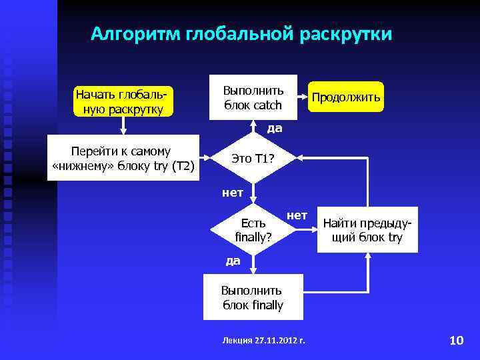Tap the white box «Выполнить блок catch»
(x=253, y=97)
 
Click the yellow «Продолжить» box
(x=345, y=98)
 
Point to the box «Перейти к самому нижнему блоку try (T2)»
(x=123, y=159)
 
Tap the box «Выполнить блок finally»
(x=253, y=297)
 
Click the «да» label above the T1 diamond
(x=274, y=128)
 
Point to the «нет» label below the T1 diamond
(x=232, y=193)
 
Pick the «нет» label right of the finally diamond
(x=297, y=215)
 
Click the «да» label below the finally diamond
(x=233, y=261)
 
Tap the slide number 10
(x=456, y=341)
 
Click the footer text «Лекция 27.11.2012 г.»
(x=263, y=341)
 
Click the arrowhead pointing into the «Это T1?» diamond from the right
(x=299, y=159)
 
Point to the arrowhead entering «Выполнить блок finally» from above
(x=253, y=270)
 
